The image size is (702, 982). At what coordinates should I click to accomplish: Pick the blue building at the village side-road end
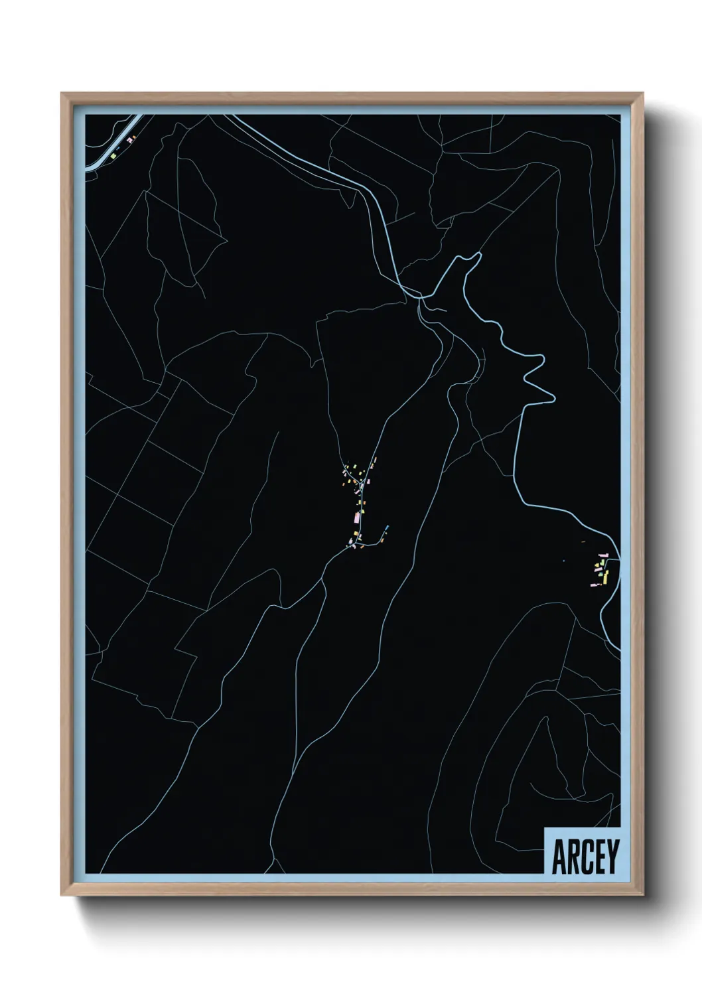(387, 528)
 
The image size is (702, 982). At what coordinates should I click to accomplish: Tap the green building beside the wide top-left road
(113, 156)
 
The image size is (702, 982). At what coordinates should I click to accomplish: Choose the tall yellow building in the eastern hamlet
(605, 575)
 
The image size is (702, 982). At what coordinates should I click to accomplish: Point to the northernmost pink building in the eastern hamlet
(603, 554)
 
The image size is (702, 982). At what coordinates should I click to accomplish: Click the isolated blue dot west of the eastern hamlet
(563, 561)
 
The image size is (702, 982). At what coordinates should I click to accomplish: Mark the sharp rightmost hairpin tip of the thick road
(552, 399)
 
